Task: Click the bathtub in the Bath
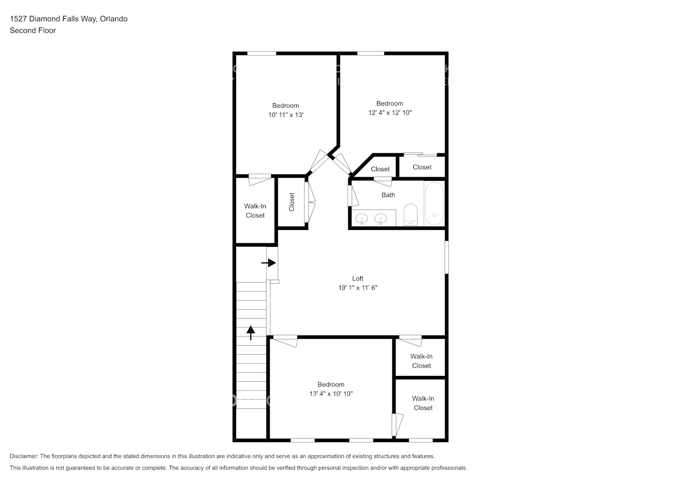[x=433, y=203]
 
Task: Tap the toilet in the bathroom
[x=410, y=214]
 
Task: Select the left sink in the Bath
[x=361, y=219]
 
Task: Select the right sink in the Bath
[x=380, y=219]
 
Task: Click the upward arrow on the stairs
[x=250, y=333]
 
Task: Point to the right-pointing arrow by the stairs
[x=269, y=263]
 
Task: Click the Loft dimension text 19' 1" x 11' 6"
[x=357, y=288]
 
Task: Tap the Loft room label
[x=357, y=278]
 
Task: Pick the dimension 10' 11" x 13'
[x=286, y=115]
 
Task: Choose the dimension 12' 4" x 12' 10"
[x=390, y=113]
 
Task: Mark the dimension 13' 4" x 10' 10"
[x=331, y=394]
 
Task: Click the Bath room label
[x=388, y=195]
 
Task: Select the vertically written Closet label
[x=291, y=202]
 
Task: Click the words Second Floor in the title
[x=33, y=30]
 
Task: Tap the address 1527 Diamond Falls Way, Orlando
[x=68, y=19]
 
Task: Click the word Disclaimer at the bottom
[x=24, y=456]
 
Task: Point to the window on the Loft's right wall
[x=446, y=257]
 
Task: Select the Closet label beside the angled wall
[x=380, y=169]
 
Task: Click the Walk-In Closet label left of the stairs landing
[x=255, y=211]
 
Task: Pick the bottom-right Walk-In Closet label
[x=423, y=403]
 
